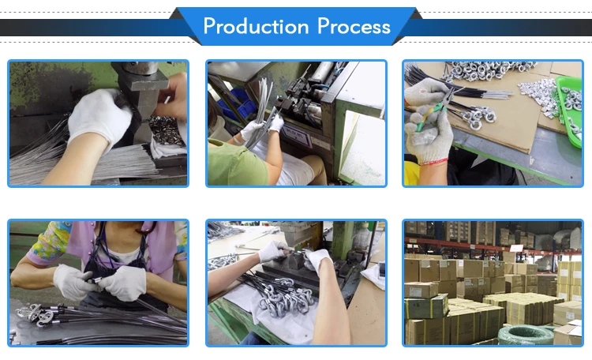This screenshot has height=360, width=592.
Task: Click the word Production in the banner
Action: pyautogui.click(x=256, y=26)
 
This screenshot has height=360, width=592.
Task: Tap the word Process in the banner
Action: pyautogui.click(x=354, y=26)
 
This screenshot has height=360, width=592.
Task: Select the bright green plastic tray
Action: pyautogui.click(x=568, y=111)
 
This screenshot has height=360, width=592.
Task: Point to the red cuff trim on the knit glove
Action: pyautogui.click(x=433, y=163)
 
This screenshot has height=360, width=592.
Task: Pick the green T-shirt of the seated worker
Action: pyautogui.click(x=236, y=163)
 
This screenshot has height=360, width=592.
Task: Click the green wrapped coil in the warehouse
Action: pyautogui.click(x=525, y=335)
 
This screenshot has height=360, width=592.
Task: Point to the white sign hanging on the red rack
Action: pyautogui.click(x=516, y=248)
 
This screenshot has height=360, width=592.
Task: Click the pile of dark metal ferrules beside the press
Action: pyautogui.click(x=167, y=130)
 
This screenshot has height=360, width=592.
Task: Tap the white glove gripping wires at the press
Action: pyautogui.click(x=100, y=118)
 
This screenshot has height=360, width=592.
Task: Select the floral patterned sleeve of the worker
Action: pyautogui.click(x=49, y=242)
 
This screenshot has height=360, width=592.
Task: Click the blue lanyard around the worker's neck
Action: pyautogui.click(x=107, y=253)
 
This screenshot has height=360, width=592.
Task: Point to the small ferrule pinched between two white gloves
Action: pyautogui.click(x=96, y=280)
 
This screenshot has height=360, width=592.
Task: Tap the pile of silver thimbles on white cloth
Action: pyautogui.click(x=286, y=298)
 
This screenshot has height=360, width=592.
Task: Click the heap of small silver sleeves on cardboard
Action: pyautogui.click(x=537, y=95)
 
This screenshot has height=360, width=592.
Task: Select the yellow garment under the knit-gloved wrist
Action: pyautogui.click(x=410, y=173)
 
